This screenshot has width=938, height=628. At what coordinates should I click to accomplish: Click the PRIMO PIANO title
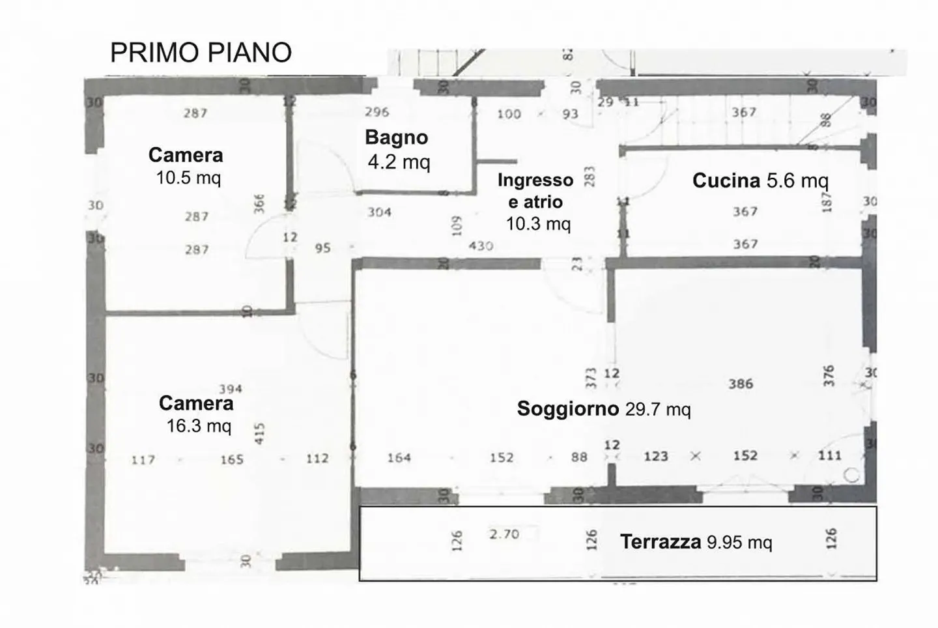201,53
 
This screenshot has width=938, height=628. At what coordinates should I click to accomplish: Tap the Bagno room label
396,137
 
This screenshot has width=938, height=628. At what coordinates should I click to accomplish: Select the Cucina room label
726,180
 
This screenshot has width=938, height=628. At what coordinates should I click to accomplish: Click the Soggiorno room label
567,408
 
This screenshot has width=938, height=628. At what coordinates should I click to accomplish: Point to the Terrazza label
660,541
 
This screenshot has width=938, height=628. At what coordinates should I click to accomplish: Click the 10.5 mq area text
188,177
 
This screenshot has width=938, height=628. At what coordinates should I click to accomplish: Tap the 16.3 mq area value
199,426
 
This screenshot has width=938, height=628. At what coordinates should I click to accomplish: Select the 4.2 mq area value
399,161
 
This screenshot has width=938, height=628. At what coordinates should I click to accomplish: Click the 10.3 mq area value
538,224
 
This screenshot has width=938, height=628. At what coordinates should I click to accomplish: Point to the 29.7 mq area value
658,409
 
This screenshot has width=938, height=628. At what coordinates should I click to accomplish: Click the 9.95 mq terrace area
739,542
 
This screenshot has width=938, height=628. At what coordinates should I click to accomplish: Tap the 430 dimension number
481,246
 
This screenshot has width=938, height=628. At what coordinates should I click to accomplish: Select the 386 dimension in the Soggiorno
741,384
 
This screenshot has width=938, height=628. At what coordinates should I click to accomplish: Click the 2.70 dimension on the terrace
504,534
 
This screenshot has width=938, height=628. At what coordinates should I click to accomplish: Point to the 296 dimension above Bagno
377,112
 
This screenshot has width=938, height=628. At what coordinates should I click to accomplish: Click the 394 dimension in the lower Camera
231,389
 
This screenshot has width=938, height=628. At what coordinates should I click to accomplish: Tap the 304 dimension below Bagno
379,212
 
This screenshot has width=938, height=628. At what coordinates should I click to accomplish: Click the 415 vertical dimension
260,434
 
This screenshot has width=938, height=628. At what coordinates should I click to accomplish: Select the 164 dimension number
399,458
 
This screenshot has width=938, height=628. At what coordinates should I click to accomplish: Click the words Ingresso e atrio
535,191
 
